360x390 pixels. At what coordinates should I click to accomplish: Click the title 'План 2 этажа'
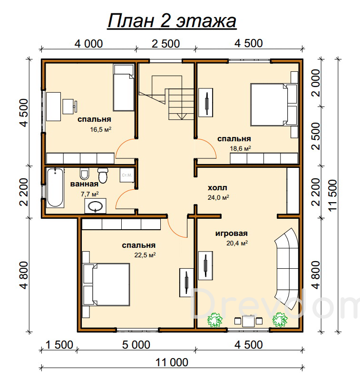coord(172,21)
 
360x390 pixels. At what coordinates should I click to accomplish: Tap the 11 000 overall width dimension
coord(172,362)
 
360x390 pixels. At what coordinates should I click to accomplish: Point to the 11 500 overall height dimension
coord(332,195)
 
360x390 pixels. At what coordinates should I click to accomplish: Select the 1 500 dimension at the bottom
coord(59,345)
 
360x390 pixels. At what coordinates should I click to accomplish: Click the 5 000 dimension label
coord(136,345)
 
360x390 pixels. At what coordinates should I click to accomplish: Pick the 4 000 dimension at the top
coord(89,44)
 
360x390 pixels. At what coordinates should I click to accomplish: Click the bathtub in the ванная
coord(55,187)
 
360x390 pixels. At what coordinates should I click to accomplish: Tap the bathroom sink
coord(96,206)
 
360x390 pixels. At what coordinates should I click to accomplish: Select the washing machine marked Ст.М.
coord(127,175)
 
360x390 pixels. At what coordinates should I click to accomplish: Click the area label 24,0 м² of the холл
coord(218,197)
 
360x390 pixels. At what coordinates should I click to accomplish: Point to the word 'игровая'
coord(232,234)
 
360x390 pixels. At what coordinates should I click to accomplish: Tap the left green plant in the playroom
coord(215,320)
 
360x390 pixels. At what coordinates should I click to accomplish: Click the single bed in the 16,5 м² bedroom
coord(124,88)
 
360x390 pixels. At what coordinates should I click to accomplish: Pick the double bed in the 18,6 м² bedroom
coord(274,105)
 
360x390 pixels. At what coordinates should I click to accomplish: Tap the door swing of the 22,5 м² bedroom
coord(174,230)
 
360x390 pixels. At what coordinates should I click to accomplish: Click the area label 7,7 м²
coord(90,194)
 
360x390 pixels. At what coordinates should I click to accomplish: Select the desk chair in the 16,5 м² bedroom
coord(69,107)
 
